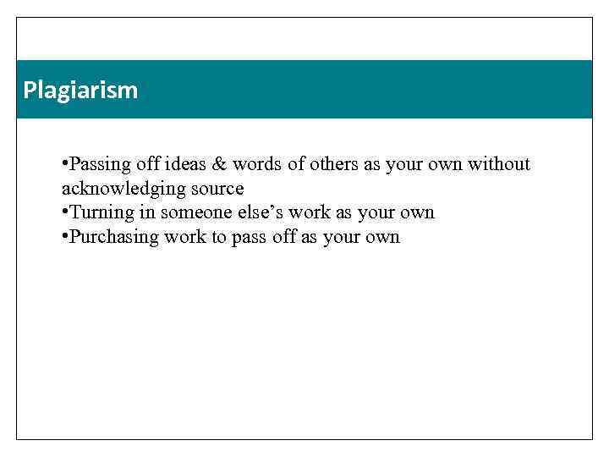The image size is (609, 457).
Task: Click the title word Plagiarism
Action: click(80, 90)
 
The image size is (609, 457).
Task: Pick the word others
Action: click(334, 164)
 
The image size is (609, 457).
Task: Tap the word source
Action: click(215, 189)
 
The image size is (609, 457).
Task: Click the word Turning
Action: click(100, 212)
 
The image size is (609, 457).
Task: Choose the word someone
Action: click(190, 212)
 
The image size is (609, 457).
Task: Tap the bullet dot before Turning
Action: click(65, 212)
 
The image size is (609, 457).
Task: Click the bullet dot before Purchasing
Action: click(65, 237)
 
